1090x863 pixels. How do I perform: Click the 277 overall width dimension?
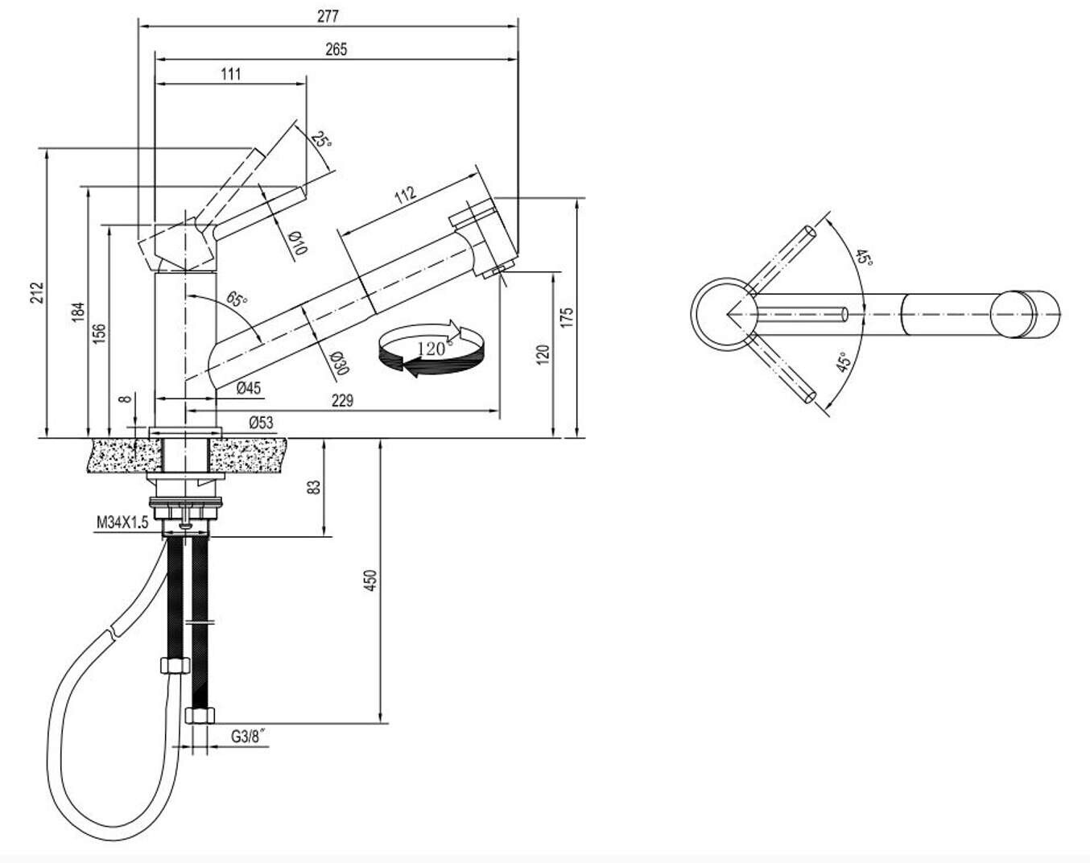coord(328,15)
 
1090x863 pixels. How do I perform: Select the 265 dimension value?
coord(336,50)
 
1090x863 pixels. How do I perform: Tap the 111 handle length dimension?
coord(230,74)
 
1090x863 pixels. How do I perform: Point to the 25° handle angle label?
coord(320,139)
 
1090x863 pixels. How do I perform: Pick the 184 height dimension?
coord(78,312)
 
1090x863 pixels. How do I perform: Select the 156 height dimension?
coord(100,332)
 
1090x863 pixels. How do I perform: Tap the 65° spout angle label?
coord(237,300)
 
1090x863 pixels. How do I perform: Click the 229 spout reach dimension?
coord(342,400)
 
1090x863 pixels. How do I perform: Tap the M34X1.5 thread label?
coord(122,523)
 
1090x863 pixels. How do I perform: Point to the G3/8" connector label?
coord(249,735)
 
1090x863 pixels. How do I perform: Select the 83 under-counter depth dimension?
coord(315,486)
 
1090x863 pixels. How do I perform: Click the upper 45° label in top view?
coord(863,258)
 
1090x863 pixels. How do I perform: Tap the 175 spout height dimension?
coord(567,316)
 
